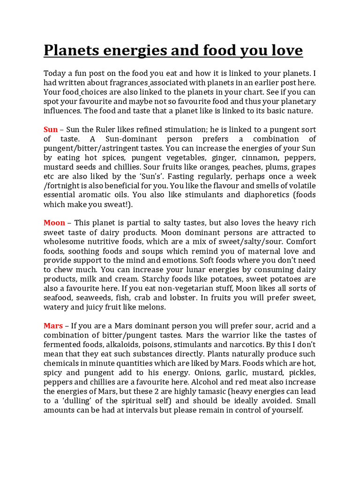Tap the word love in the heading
click(285, 50)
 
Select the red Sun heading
click(51, 129)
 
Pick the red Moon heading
click(54, 223)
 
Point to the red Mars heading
click(53, 326)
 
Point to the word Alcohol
click(206, 382)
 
